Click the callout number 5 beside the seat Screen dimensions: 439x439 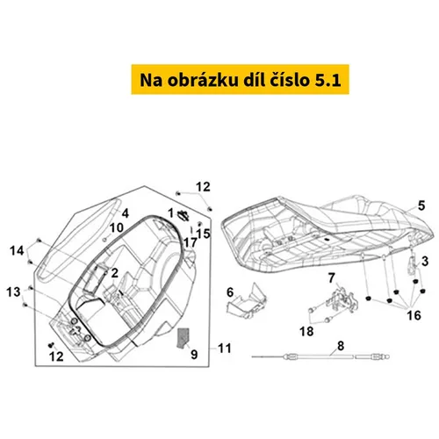click(x=421, y=205)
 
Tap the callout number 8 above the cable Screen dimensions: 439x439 click(x=341, y=346)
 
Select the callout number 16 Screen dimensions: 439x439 click(x=414, y=315)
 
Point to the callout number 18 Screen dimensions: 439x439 click(x=306, y=332)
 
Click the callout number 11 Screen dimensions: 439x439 click(x=225, y=349)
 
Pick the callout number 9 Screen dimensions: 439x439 click(x=194, y=355)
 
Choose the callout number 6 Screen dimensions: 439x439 click(x=230, y=292)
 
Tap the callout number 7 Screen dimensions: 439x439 click(x=331, y=277)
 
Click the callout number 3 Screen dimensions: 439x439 click(x=425, y=262)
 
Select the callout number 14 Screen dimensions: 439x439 click(x=17, y=251)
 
